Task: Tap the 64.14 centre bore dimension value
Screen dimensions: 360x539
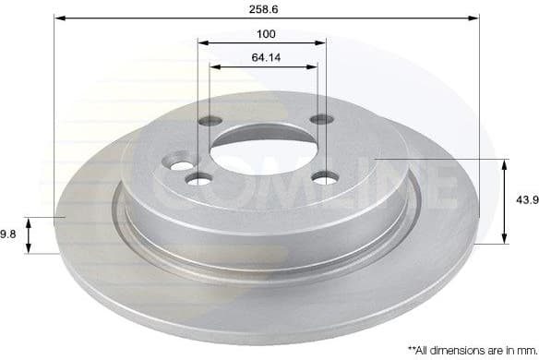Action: click(x=265, y=57)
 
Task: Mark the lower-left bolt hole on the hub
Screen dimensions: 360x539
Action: click(x=196, y=178)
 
